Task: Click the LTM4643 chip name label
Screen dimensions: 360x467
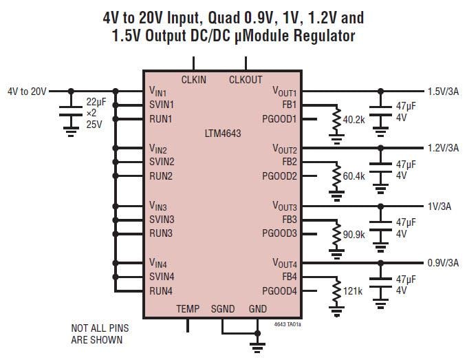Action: (221, 132)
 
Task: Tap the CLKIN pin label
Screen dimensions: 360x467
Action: (193, 80)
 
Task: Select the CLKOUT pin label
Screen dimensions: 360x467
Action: (246, 80)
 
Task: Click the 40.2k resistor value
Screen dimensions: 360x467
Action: (354, 119)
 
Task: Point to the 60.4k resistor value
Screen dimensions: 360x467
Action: (354, 177)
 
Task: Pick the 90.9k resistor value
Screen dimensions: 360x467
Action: (354, 234)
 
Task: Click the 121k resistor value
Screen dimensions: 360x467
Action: (352, 291)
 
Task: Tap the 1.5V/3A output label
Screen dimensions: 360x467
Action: (443, 91)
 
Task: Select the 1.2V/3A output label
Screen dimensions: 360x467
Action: (443, 148)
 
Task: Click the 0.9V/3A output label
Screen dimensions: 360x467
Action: (443, 262)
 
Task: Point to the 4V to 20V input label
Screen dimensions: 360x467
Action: (27, 91)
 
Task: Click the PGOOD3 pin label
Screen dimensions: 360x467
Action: (279, 233)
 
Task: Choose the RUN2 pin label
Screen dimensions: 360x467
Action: (161, 176)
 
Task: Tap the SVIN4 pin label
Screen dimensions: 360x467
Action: (162, 277)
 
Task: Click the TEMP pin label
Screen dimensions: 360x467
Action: (188, 309)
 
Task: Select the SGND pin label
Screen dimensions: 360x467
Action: (223, 309)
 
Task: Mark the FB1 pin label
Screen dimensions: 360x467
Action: (289, 105)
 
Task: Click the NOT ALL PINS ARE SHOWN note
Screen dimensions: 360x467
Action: (100, 334)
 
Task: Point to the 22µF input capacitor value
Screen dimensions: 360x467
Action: (96, 101)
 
